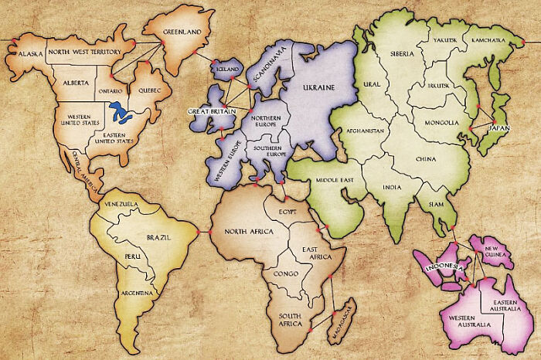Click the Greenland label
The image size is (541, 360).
click(x=182, y=32)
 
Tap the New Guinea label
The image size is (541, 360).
click(x=495, y=252)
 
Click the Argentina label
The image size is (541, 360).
click(x=136, y=294)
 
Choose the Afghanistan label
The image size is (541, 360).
click(x=365, y=131)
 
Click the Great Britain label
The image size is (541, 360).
click(x=210, y=111)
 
